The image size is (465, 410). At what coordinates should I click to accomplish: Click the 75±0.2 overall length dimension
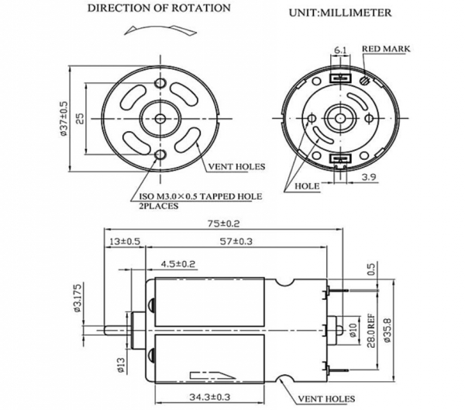tap(231, 224)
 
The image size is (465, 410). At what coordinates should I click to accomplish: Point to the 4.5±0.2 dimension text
tap(178, 264)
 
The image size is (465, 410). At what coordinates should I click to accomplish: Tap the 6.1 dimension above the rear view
tap(340, 50)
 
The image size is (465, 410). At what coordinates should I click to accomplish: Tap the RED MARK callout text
tap(387, 49)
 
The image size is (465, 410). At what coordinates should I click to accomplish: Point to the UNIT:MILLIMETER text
tap(339, 13)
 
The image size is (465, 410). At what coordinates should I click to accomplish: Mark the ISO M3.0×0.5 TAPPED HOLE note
tap(198, 196)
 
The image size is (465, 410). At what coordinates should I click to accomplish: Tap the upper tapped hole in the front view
tap(160, 83)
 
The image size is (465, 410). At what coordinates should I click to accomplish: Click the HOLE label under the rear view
tap(308, 186)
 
